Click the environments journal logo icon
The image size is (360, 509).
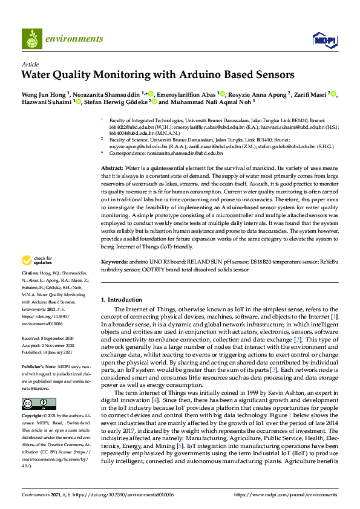31,39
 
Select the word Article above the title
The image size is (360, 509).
30,64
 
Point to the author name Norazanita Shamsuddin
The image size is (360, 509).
106,94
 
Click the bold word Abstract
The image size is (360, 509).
111,167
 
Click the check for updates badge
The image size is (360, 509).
37,261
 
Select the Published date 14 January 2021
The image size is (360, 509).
59,351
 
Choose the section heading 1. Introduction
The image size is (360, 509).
121,300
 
